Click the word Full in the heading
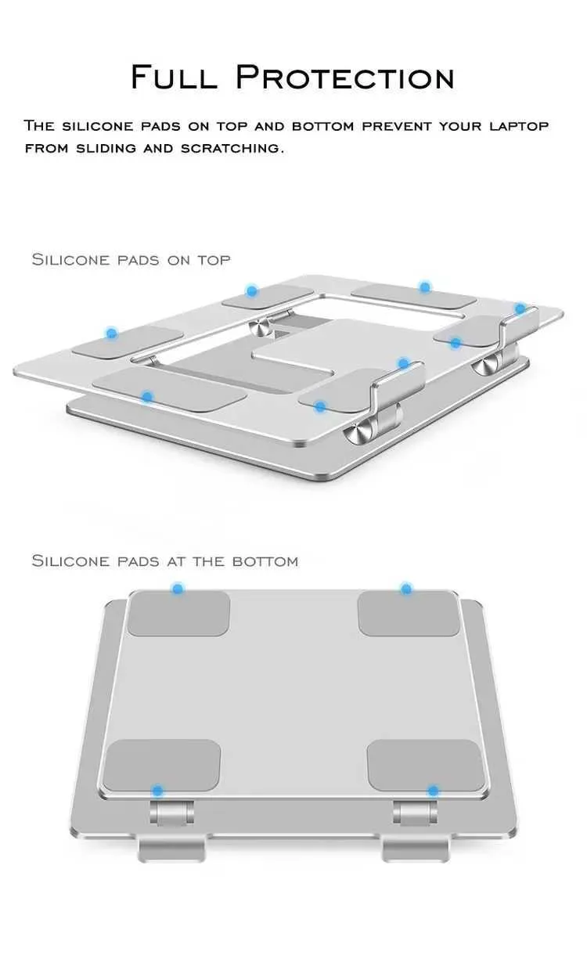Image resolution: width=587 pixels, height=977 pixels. [x=174, y=77]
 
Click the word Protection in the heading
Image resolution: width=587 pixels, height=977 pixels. [x=345, y=78]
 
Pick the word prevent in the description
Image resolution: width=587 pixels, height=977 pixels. [x=397, y=126]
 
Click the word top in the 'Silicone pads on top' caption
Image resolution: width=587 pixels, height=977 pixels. [x=214, y=260]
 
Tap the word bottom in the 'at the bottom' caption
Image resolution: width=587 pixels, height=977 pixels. [x=265, y=561]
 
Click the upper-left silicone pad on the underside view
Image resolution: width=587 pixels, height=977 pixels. [x=178, y=614]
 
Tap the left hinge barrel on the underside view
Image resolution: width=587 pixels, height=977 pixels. [x=171, y=813]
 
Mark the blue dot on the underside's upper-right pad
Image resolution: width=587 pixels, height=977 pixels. [x=406, y=589]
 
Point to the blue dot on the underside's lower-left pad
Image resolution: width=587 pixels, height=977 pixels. [x=157, y=791]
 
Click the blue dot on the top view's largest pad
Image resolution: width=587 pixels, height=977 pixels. [x=147, y=398]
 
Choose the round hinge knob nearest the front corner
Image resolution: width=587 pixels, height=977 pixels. [x=358, y=433]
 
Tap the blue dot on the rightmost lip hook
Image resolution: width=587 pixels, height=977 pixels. [x=520, y=308]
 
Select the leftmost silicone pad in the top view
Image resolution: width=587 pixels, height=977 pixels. [x=127, y=342]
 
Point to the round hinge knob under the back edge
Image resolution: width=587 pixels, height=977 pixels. [x=260, y=327]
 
